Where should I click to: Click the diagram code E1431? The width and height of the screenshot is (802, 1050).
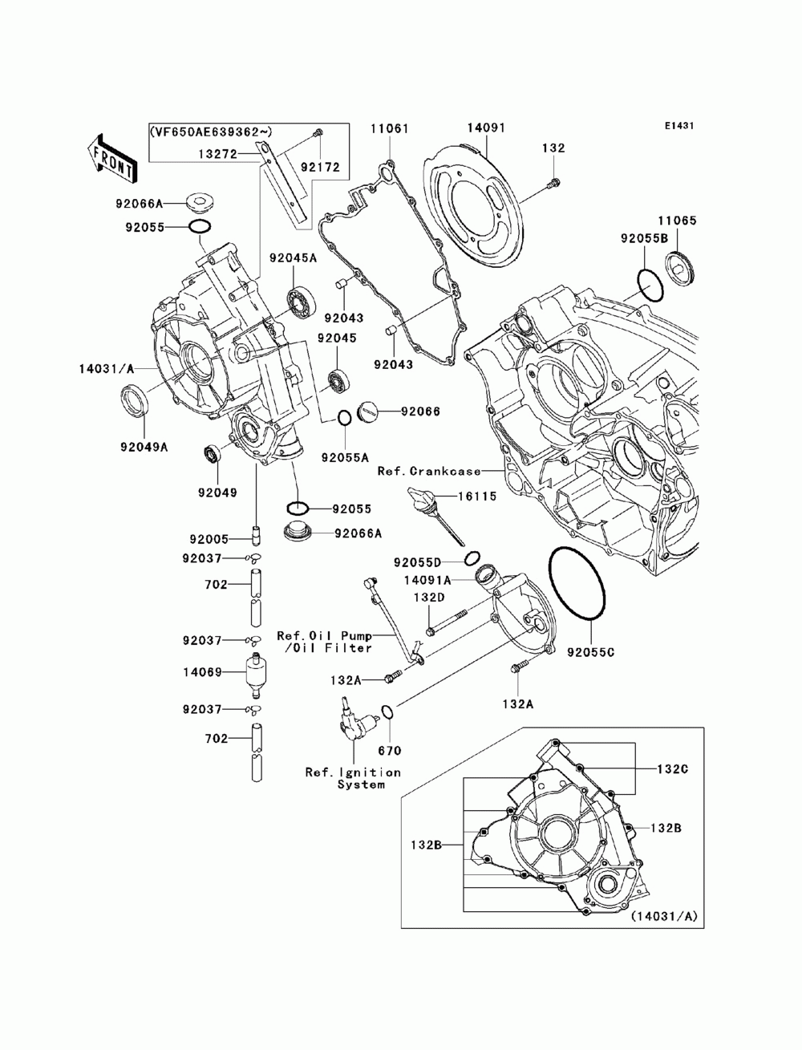click(x=678, y=126)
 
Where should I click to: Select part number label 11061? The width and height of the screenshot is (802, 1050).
click(x=391, y=129)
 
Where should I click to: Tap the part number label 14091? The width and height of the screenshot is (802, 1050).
click(x=486, y=128)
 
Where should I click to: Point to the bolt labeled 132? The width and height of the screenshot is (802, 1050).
click(x=554, y=182)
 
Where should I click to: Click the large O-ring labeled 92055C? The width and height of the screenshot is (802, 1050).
click(x=577, y=584)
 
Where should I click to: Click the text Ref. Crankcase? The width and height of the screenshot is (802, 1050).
click(x=429, y=471)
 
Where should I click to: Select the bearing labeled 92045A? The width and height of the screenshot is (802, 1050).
click(x=302, y=302)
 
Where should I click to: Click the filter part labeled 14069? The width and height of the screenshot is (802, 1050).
click(x=256, y=674)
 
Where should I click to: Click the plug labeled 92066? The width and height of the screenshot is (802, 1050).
click(x=369, y=410)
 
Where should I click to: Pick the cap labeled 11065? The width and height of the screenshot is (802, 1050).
click(x=682, y=269)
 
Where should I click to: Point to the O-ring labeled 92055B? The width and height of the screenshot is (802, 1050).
click(x=650, y=285)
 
